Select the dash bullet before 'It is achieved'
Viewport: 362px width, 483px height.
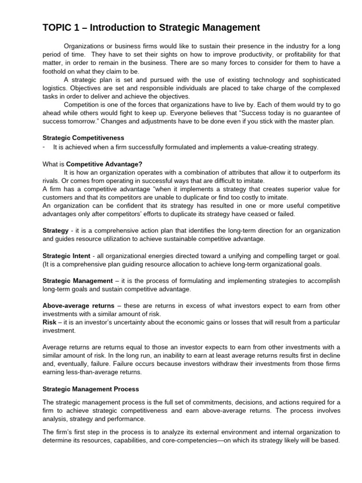tap(44, 147)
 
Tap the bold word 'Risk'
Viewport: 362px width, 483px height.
tap(49, 322)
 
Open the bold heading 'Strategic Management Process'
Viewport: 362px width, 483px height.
tap(90, 389)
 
